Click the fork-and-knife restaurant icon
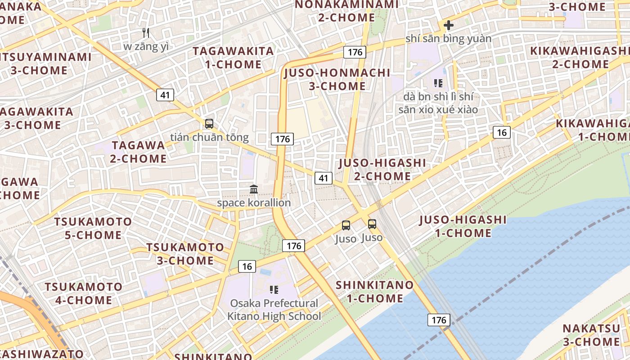pos(145,33)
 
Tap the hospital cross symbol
pos(448,25)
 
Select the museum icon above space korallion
pos(254,189)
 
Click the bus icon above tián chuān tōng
pos(209,124)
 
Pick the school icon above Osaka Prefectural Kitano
pos(274,289)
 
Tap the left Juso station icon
pos(346,225)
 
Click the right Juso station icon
pos(372,224)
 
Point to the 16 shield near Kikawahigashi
pos(502,132)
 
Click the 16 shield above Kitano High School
pos(247,266)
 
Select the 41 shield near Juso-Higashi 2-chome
pos(323,178)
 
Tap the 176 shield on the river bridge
pos(438,320)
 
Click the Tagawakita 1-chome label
pos(233,58)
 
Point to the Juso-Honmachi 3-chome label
pos(337,79)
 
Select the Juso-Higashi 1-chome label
pos(463,226)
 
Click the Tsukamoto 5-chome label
pos(93,228)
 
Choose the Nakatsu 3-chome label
pos(591,335)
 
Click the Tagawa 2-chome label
pos(139,152)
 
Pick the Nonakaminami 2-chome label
pos(346,11)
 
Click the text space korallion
pos(254,203)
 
